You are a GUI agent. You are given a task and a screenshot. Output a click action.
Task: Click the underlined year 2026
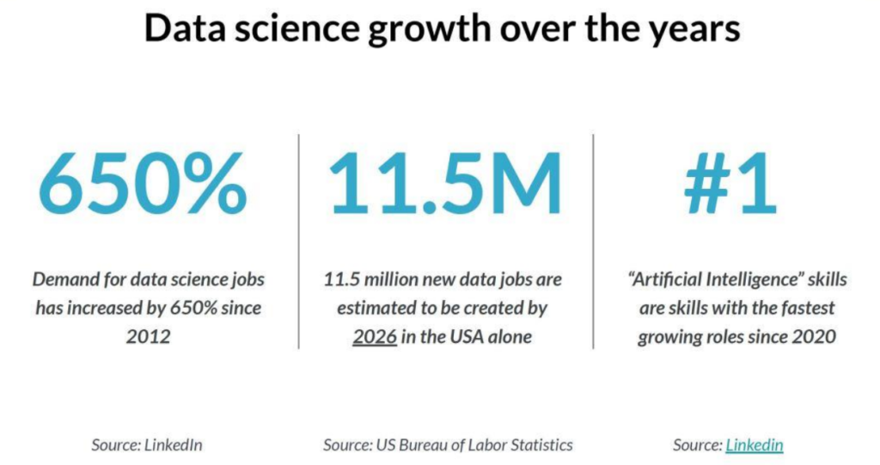pos(375,336)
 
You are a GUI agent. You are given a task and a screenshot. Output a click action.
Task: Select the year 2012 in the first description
pos(149,336)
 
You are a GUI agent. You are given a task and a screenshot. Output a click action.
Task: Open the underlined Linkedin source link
pos(755,445)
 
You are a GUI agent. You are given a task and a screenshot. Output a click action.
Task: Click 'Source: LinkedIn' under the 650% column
pos(147,445)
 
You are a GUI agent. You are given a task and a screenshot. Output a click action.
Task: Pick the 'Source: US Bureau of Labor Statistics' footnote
pos(448,445)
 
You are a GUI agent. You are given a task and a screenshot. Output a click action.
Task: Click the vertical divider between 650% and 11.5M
pos(299,241)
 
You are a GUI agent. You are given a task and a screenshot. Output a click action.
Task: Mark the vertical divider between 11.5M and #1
pos(594,241)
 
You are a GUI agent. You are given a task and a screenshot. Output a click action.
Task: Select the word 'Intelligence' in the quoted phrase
pos(738,279)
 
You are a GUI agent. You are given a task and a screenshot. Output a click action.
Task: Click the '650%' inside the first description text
pos(214,308)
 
